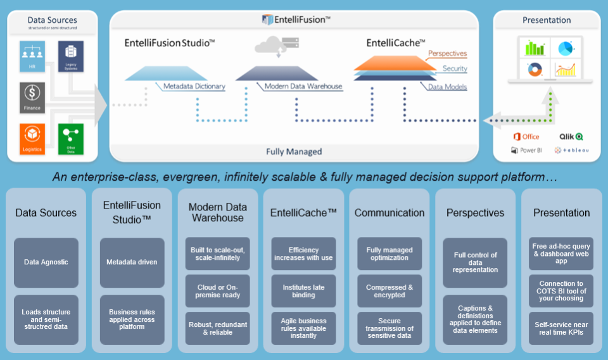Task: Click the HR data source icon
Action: pyautogui.click(x=32, y=56)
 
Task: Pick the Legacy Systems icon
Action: pyautogui.click(x=70, y=56)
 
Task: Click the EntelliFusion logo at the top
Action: pyautogui.click(x=295, y=20)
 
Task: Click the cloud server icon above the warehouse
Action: pyautogui.click(x=276, y=46)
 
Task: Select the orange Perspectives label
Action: pyautogui.click(x=447, y=54)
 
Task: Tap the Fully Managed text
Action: pyautogui.click(x=294, y=151)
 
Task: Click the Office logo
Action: pyautogui.click(x=526, y=136)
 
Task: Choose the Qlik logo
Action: pyautogui.click(x=571, y=136)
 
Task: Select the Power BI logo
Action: pyautogui.click(x=526, y=150)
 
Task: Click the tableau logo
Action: pyautogui.click(x=572, y=150)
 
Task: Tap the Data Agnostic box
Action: pyautogui.click(x=46, y=262)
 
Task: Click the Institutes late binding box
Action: pyautogui.click(x=303, y=292)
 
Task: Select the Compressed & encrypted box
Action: pyautogui.click(x=389, y=292)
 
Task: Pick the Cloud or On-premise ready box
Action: pyautogui.click(x=218, y=292)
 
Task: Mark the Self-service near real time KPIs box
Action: pyautogui.click(x=562, y=328)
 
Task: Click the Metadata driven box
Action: pyautogui.click(x=132, y=262)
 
